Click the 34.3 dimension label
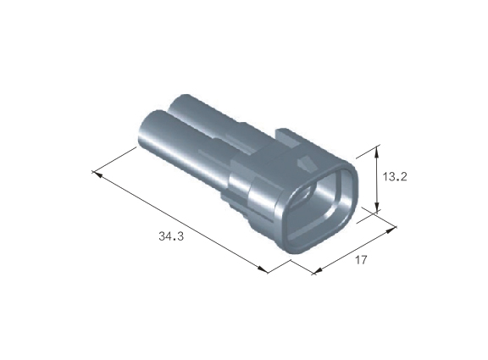pos(171,236)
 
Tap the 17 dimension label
pos(361,260)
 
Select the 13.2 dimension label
pos(394,177)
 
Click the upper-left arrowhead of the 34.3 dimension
pos(97,174)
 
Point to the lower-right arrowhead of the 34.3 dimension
pos(263,269)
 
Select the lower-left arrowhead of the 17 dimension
pos(318,271)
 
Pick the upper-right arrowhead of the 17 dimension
pos(391,230)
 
